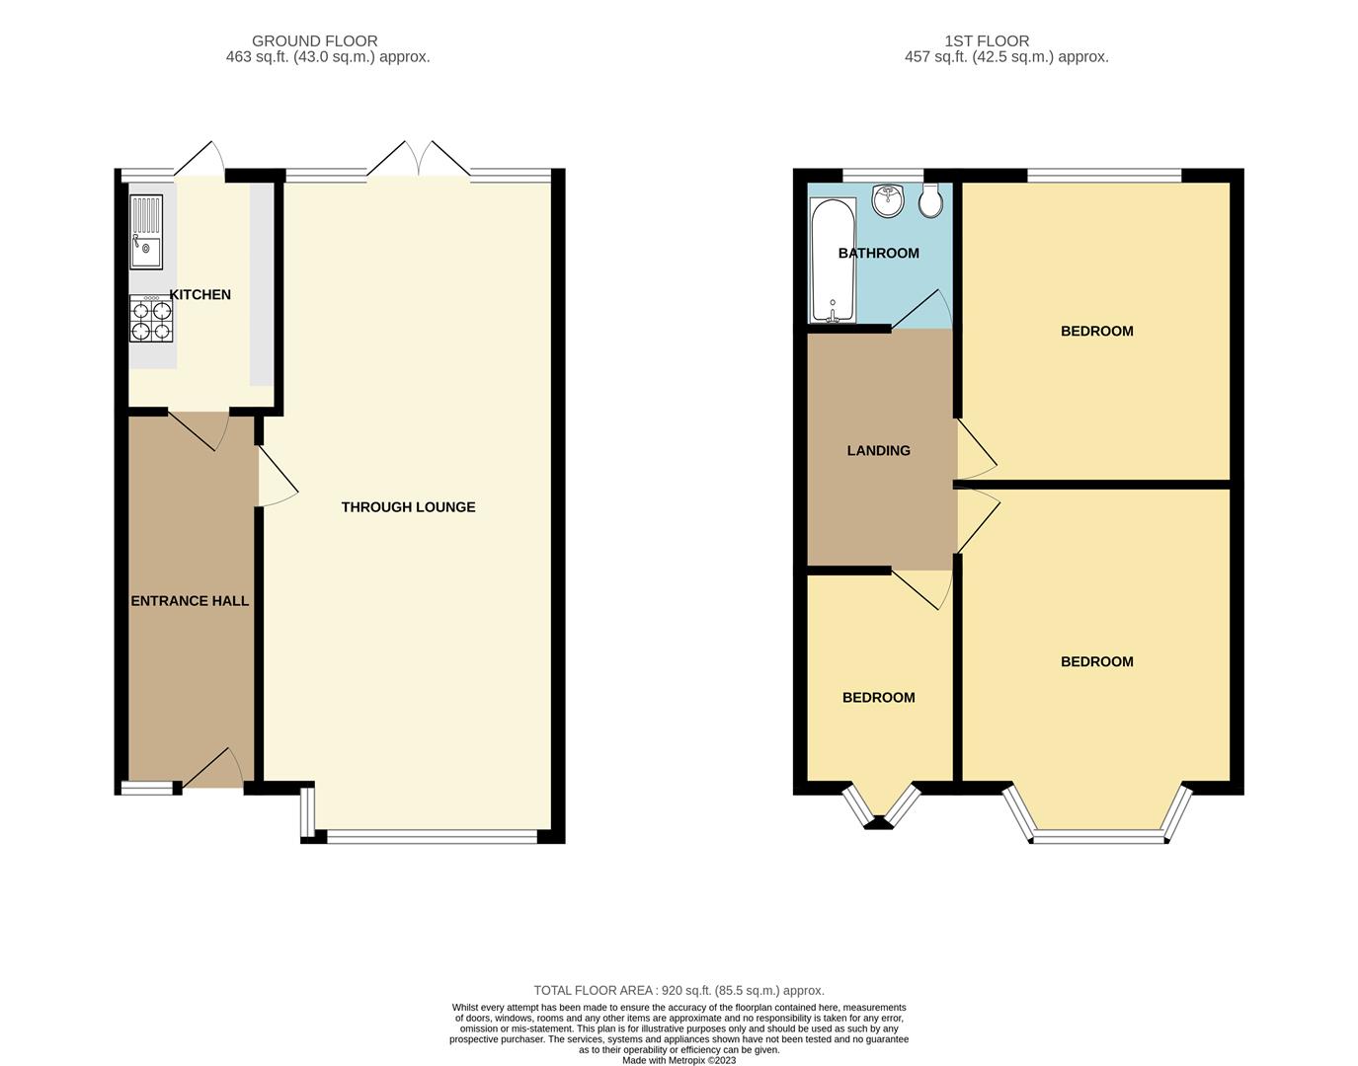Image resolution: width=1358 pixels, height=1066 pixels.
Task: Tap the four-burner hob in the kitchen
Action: (151, 319)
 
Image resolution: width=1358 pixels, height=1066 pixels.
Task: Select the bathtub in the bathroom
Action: (832, 261)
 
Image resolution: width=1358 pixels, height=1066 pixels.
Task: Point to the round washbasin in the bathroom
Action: (888, 200)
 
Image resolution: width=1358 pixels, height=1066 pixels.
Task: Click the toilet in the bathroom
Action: (930, 200)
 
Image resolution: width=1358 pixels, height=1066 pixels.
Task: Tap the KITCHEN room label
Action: (200, 294)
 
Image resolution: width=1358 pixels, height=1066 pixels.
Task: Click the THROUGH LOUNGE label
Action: (408, 506)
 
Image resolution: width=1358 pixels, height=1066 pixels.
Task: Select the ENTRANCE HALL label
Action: (190, 600)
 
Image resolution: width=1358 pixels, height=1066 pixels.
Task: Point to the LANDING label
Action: (878, 450)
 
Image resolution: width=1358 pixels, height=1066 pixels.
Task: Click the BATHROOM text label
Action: (878, 253)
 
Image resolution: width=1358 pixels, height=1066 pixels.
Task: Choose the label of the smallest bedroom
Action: (878, 697)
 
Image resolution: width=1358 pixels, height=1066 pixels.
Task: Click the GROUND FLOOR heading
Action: (314, 40)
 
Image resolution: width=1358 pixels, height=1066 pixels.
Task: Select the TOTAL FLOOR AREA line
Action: (679, 990)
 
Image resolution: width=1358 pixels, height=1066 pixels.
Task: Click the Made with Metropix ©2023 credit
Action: (679, 1060)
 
